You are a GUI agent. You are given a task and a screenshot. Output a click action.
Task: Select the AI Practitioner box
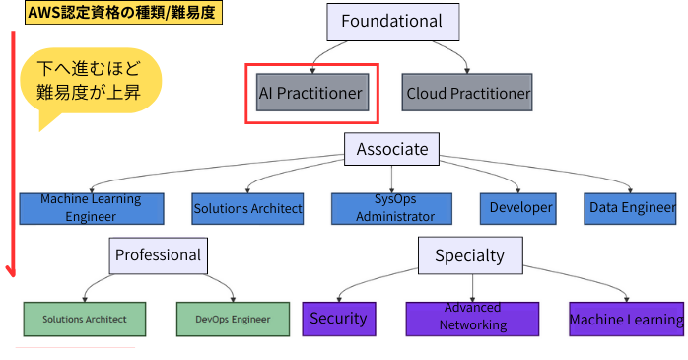coord(310,94)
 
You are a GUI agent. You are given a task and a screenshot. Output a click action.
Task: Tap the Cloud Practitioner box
coord(467,94)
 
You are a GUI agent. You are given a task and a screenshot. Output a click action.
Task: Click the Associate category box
coord(391,149)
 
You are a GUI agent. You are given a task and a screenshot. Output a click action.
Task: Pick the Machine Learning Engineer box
coord(90,208)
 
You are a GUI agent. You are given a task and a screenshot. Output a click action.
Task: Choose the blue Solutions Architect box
coord(247,208)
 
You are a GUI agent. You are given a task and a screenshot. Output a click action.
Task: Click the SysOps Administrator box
coord(391,208)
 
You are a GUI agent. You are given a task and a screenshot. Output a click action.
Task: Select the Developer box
coord(521,208)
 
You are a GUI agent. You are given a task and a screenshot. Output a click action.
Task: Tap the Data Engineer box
coord(632,208)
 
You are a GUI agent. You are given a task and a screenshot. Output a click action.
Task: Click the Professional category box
coord(158,255)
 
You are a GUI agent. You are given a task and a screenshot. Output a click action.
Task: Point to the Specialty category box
coord(469,255)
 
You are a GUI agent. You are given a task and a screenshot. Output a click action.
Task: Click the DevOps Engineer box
coord(232,319)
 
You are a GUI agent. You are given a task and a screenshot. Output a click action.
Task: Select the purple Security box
coord(338,319)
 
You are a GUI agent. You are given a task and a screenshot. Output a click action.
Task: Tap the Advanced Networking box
coord(472,318)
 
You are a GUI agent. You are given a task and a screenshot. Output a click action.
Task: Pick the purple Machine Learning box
coord(626,319)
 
